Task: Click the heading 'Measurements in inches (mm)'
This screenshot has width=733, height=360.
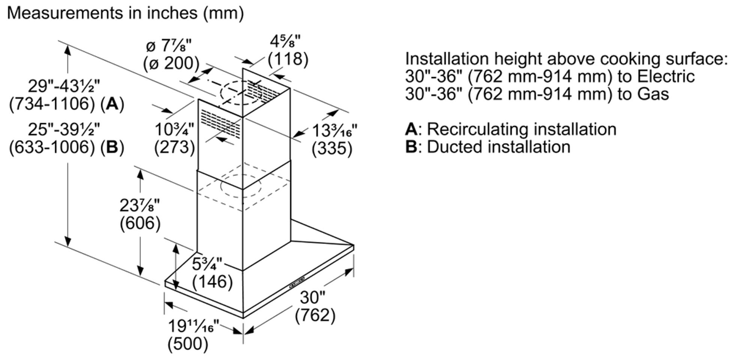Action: pyautogui.click(x=125, y=13)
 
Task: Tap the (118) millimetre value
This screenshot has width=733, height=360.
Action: pyautogui.click(x=288, y=60)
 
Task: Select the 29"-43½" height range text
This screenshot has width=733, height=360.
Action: pyautogui.click(x=64, y=86)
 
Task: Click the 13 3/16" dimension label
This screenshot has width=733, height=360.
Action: pyautogui.click(x=334, y=131)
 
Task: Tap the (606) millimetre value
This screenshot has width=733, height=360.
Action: pyautogui.click(x=140, y=224)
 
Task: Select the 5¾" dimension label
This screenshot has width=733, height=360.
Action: pyautogui.click(x=207, y=264)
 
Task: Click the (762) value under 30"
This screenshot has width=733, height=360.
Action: pyautogui.click(x=315, y=315)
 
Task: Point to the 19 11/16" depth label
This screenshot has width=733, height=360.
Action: pyautogui.click(x=194, y=326)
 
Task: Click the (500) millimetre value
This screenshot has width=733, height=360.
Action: pyautogui.click(x=188, y=344)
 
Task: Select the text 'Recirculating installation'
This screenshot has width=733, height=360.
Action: pyautogui.click(x=521, y=129)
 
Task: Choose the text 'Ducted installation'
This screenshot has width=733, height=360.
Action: pyautogui.click(x=499, y=147)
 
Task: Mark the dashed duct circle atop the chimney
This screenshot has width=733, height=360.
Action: pyautogui.click(x=241, y=92)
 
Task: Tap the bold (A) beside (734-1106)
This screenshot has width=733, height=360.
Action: pyautogui.click(x=112, y=105)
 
